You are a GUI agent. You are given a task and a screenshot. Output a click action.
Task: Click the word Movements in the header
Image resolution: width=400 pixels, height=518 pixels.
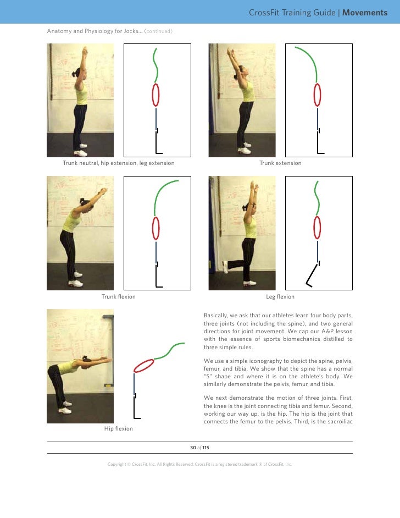click(x=365, y=13)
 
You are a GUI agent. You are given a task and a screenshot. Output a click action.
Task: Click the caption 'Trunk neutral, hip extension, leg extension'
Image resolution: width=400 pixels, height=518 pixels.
click(x=118, y=163)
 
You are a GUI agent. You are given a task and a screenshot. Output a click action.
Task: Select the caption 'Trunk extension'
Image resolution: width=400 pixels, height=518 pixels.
click(x=280, y=163)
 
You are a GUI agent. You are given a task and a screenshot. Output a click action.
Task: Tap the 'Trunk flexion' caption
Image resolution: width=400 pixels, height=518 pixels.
click(x=118, y=297)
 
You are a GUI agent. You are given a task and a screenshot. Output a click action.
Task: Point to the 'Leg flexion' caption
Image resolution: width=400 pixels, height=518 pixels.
click(x=280, y=297)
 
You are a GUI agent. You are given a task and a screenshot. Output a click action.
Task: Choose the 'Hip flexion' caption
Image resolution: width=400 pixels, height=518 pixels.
click(x=118, y=429)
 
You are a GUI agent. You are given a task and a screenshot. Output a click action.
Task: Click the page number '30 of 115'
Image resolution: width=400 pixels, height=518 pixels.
click(x=199, y=448)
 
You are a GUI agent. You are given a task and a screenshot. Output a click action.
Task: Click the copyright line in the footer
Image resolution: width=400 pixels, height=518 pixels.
click(x=199, y=464)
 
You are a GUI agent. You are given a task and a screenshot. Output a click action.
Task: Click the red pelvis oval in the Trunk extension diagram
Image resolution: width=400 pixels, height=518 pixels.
click(x=318, y=94)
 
